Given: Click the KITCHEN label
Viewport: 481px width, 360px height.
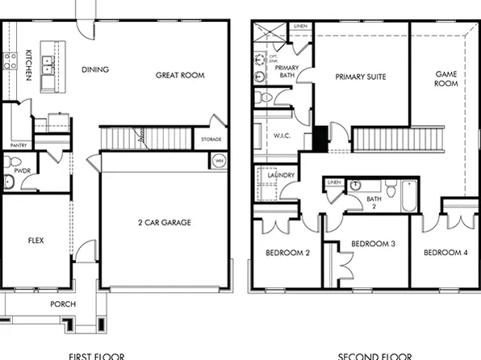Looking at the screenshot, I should coord(28,63).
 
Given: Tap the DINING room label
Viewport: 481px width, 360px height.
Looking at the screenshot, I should coord(95,69).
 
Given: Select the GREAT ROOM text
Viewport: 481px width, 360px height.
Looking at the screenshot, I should coord(180,75).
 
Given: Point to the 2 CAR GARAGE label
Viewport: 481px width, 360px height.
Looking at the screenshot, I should coord(164,222).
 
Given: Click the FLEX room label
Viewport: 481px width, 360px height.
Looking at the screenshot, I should coord(36,240).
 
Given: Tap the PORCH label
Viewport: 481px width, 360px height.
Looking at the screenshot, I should coord(63,304).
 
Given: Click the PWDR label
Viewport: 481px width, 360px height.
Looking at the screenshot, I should coord(22,171).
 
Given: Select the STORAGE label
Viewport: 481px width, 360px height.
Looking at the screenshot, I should coord(211,140).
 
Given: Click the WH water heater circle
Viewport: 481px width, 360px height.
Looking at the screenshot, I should coord(219,161).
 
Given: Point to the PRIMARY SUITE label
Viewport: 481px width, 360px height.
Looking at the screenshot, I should coord(361,77).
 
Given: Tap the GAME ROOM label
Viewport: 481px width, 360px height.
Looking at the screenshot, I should coord(446,78).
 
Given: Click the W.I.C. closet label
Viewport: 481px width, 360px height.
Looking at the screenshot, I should coord(282,135).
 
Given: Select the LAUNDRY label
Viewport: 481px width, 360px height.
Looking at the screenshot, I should coord(278,175).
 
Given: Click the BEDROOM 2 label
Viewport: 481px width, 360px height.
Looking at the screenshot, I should coord(288,253).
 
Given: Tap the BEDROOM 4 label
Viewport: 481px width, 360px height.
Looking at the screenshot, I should coord(445,253).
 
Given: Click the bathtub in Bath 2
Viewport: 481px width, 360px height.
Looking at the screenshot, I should coord(409,196).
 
